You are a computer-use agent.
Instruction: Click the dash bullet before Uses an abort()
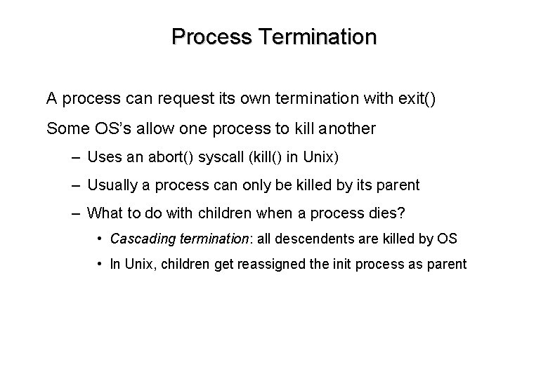(x=74, y=158)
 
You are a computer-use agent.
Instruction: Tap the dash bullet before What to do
(x=74, y=213)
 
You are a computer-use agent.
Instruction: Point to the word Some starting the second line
(x=65, y=129)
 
